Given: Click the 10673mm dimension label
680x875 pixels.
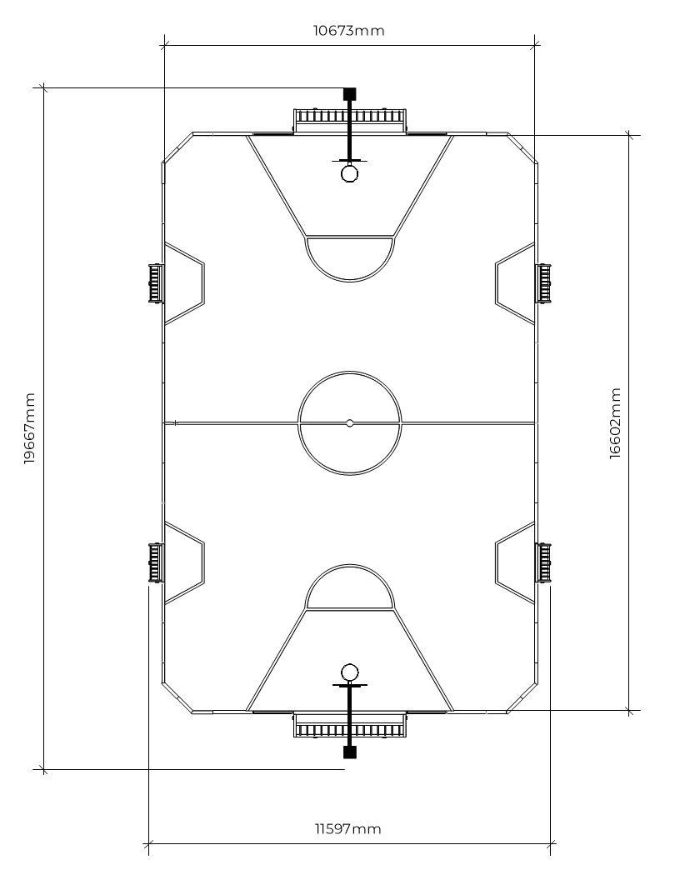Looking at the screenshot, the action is (x=348, y=30).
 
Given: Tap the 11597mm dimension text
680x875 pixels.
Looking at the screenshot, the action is (x=348, y=828).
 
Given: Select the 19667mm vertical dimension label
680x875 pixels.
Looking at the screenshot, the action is (x=29, y=428).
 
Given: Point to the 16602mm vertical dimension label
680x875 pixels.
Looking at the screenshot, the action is (x=615, y=423).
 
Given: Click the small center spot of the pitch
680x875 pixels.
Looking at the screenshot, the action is (x=350, y=423).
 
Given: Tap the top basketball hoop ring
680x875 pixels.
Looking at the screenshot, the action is (x=350, y=173).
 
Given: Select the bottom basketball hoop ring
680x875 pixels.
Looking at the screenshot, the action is (x=350, y=672).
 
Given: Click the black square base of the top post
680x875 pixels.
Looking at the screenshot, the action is (x=350, y=93).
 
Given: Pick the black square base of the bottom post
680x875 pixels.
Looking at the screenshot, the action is (x=350, y=752).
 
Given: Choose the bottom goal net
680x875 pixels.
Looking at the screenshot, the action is (x=350, y=726).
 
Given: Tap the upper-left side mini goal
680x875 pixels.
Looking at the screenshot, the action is (x=156, y=283).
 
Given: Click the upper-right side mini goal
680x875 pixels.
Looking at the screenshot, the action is (x=543, y=283).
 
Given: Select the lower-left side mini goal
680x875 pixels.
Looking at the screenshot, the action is (x=156, y=562).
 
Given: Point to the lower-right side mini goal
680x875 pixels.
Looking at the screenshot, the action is (x=543, y=562).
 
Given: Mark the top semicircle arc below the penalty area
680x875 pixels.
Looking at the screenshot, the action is (x=350, y=280).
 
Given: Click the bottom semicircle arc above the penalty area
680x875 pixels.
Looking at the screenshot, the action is (x=350, y=566).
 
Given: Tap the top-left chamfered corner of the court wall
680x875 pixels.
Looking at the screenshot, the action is (x=177, y=147).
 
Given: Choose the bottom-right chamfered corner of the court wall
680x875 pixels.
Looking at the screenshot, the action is (x=522, y=698).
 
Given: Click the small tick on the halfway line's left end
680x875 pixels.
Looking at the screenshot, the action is (x=175, y=423).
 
